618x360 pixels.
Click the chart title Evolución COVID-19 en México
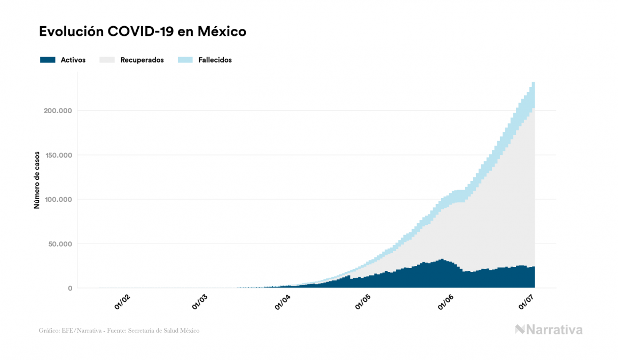pos(143,32)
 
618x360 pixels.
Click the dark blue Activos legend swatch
pos(48,60)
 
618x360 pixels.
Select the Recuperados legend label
pos(142,60)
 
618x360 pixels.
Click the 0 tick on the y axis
pos(69,288)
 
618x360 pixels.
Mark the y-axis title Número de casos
pos(37,184)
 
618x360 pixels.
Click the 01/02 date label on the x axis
pos(123,302)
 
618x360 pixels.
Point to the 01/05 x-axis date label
pos(363,302)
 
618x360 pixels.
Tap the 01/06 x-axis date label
pos(445,302)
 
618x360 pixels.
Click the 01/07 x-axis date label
pos(527,302)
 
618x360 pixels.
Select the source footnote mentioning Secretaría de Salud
pos(119,331)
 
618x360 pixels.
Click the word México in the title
pos(222,32)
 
